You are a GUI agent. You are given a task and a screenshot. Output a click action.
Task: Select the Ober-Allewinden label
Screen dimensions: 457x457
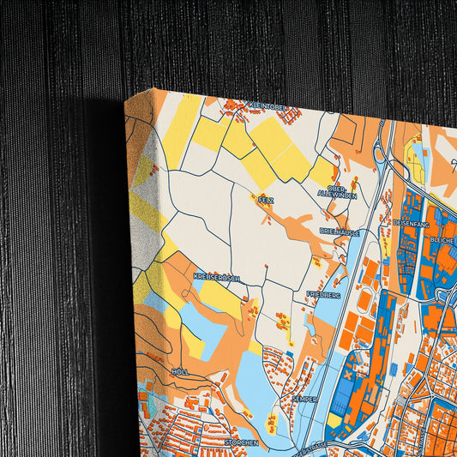point(336,191)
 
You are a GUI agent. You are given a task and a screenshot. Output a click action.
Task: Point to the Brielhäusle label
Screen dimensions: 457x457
point(340,232)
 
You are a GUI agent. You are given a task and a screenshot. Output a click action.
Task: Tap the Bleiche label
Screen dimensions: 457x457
point(443,240)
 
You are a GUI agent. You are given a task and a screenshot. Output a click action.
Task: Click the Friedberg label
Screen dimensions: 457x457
point(323,294)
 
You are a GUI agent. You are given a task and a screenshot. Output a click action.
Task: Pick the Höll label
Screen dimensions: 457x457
point(180,371)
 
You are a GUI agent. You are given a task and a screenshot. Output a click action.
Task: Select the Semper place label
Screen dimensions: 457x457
point(304,399)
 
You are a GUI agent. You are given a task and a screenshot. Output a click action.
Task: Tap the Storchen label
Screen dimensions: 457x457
point(241,442)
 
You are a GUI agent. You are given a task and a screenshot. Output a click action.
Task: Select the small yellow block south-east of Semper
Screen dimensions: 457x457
point(333,421)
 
